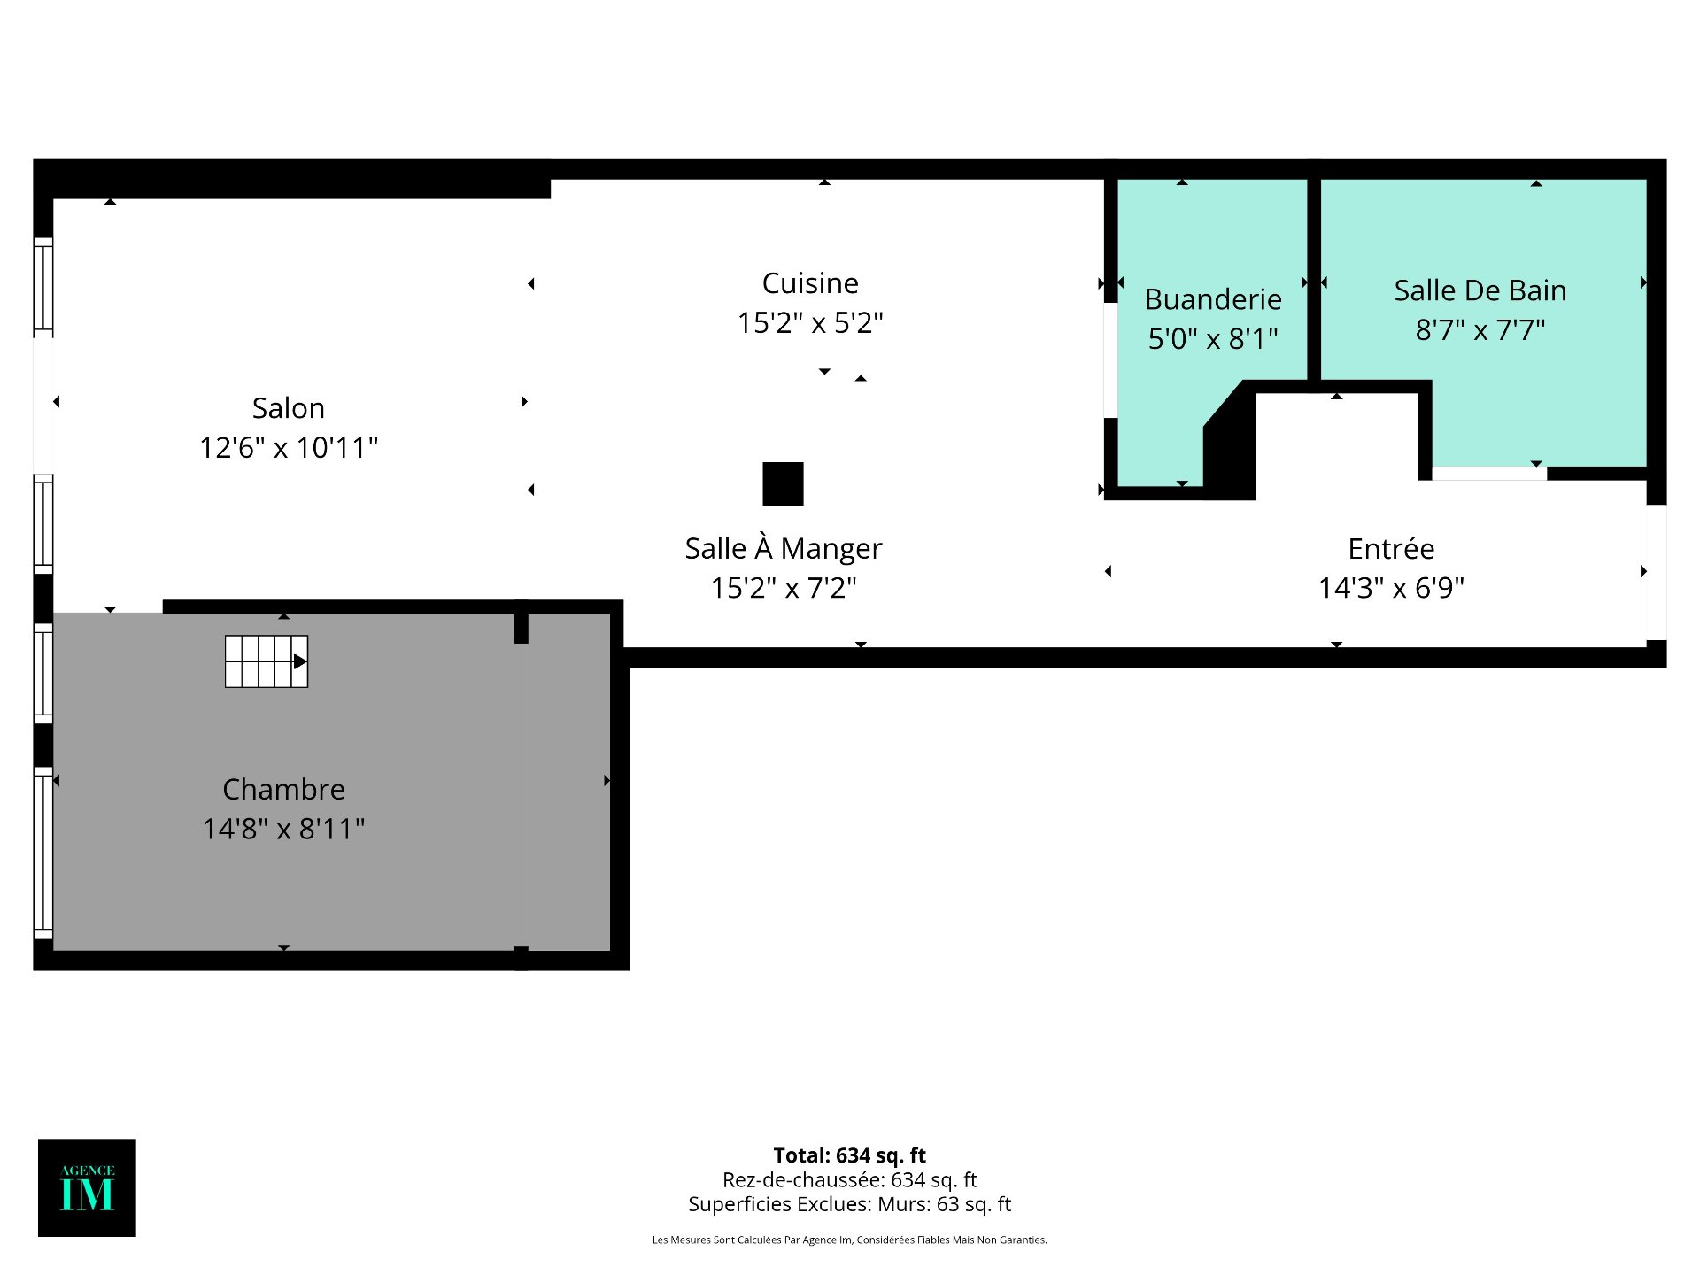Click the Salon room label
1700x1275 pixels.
click(289, 408)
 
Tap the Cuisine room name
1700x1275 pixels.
click(810, 283)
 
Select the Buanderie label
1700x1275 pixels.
click(1213, 299)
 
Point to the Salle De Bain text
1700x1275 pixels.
click(1480, 290)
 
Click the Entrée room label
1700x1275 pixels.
click(1391, 548)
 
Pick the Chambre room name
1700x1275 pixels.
click(283, 789)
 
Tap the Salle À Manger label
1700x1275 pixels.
click(784, 548)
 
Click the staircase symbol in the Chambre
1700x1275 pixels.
click(267, 661)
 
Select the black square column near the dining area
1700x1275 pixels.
click(783, 483)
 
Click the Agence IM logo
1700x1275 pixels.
click(87, 1187)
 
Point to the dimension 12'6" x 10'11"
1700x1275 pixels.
click(289, 448)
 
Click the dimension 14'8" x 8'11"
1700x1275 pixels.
click(283, 829)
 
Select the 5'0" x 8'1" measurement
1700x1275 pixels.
click(1213, 338)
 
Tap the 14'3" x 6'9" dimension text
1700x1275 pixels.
click(1391, 588)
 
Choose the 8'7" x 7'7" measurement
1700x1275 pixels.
click(1480, 329)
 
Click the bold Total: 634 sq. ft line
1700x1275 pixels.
click(850, 1155)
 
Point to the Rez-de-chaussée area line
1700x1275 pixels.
click(850, 1180)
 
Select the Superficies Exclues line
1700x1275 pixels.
click(850, 1204)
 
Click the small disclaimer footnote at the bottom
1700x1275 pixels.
click(850, 1240)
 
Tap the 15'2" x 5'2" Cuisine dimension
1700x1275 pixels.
click(810, 323)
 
